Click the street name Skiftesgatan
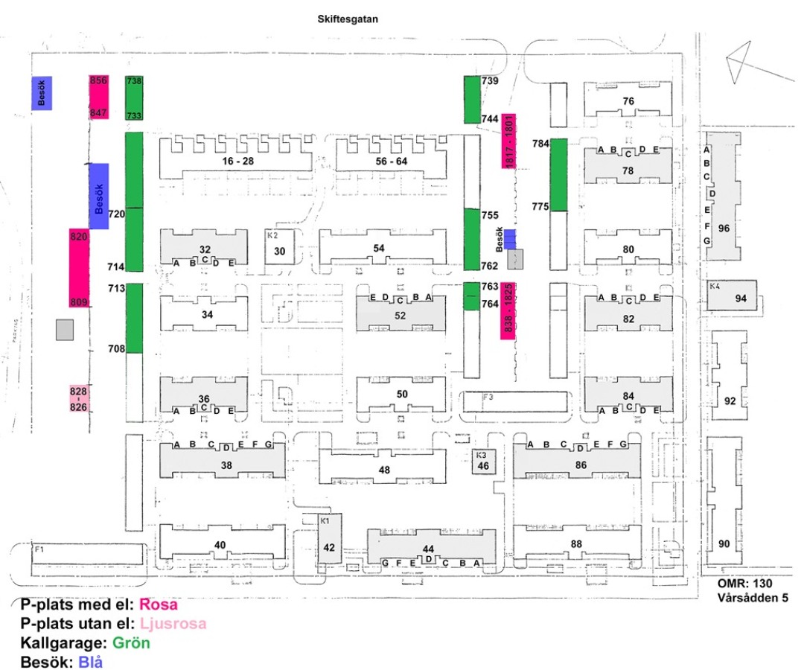[x=348, y=20]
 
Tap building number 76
[x=628, y=101]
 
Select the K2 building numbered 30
[x=280, y=251]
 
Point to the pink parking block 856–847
[x=99, y=97]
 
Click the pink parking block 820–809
[x=80, y=269]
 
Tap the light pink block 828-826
[x=79, y=399]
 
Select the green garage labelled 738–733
[x=134, y=98]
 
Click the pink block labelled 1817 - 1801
[x=509, y=141]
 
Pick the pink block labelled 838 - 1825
[x=509, y=310]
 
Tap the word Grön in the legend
[x=132, y=642]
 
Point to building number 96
[x=723, y=229]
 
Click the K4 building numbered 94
[x=740, y=299]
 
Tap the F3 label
[x=488, y=398]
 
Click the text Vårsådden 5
[x=753, y=597]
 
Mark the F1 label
[x=39, y=549]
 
